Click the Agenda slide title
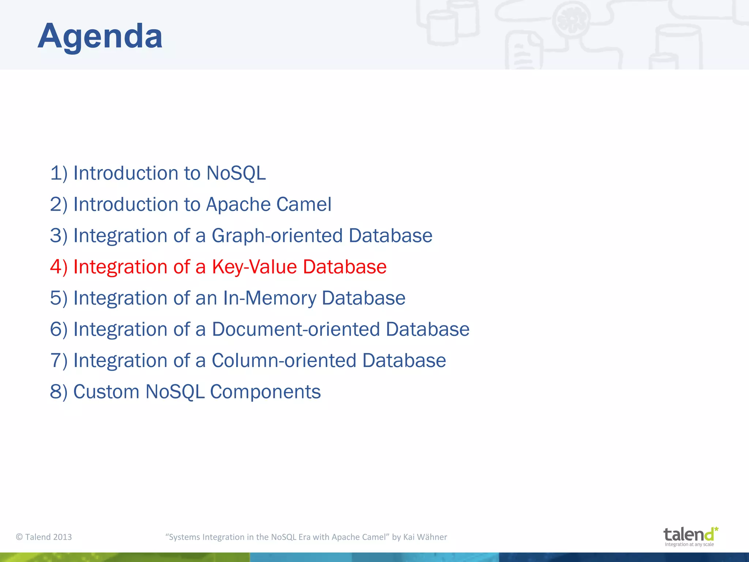100,36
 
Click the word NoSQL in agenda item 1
236,173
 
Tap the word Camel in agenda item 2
304,204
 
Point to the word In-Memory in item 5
270,298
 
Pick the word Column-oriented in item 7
284,360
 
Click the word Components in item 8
265,392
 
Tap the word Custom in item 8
106,392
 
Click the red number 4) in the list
59,267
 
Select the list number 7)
59,360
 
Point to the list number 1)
59,173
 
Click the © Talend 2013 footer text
44,537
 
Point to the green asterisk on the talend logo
716,529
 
